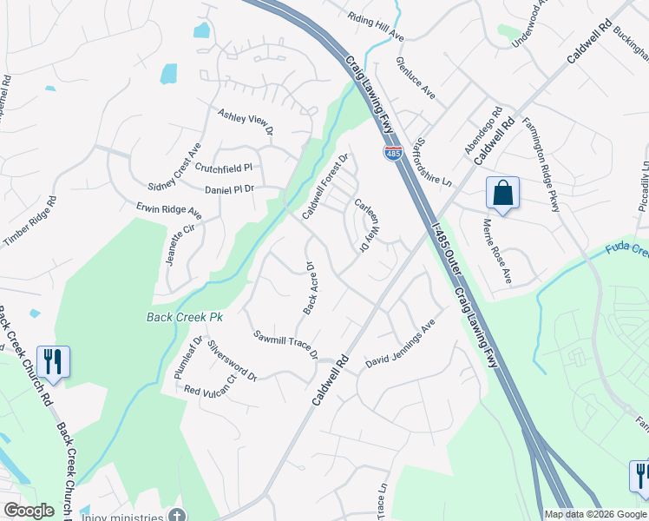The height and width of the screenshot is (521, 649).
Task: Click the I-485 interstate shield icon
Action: coord(393,154)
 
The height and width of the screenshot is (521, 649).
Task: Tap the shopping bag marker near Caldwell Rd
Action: coord(503,194)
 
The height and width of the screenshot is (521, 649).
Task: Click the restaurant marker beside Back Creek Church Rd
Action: coord(54,363)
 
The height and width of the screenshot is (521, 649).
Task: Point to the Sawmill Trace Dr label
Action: coord(286,345)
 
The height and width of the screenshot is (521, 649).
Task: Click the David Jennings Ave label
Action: coord(399,346)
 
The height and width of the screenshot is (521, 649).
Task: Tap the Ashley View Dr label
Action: coord(246,122)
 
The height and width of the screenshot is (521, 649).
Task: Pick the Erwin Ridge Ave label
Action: coord(168,211)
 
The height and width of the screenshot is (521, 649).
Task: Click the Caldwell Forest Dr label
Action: coord(324,186)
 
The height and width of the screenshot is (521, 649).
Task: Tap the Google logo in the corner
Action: coord(29,511)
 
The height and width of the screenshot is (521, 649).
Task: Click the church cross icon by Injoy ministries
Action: coord(177,514)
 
